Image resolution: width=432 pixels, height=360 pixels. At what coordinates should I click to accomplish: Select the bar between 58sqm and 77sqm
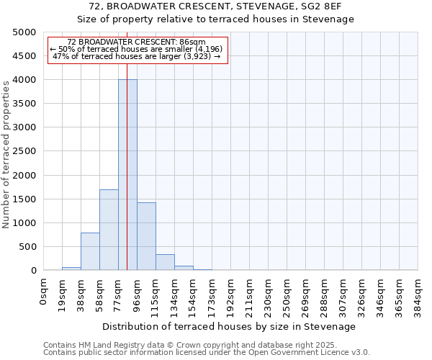pyautogui.click(x=109, y=230)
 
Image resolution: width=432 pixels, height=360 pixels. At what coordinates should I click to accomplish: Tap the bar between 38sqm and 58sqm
pyautogui.click(x=90, y=251)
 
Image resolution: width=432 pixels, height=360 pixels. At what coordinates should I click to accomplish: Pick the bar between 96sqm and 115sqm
pyautogui.click(x=146, y=236)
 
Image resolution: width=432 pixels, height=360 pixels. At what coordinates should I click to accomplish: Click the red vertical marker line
pyautogui.click(x=127, y=144)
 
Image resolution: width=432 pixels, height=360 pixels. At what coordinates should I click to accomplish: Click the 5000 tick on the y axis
pyautogui.click(x=24, y=32)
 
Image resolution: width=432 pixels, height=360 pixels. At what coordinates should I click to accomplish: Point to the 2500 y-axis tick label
pyautogui.click(x=24, y=152)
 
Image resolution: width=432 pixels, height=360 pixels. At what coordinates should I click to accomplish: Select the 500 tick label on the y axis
pyautogui.click(x=27, y=247)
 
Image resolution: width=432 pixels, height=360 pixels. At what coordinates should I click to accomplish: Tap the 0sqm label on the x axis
pyautogui.click(x=44, y=291)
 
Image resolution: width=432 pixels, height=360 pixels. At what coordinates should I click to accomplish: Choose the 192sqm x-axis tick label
pyautogui.click(x=231, y=293)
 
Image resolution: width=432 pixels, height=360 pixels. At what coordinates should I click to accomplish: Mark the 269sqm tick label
pyautogui.click(x=306, y=293)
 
